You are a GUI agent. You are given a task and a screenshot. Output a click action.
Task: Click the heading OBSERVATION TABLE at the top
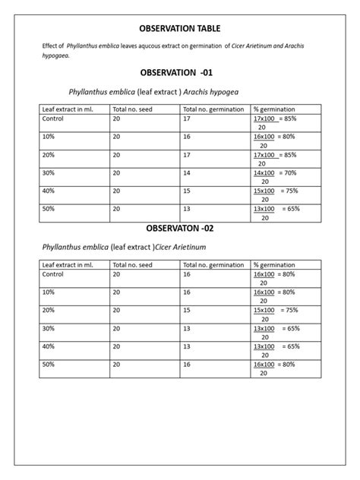click(x=179, y=29)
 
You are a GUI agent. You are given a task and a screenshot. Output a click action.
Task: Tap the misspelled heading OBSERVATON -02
click(x=179, y=229)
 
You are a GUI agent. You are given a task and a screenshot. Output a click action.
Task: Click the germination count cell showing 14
click(x=187, y=173)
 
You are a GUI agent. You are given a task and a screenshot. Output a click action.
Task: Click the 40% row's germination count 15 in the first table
click(x=187, y=191)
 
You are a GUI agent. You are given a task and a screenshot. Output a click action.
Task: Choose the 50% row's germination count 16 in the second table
click(x=187, y=365)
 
